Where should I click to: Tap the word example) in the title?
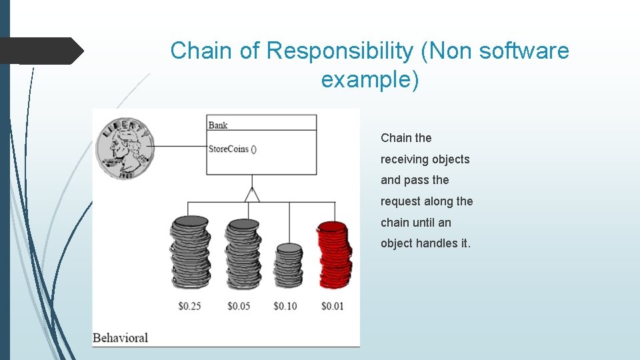(370, 79)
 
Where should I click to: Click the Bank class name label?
(218, 125)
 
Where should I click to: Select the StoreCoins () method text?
(233, 149)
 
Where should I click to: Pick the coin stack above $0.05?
(242, 253)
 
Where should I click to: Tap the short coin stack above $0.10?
(289, 265)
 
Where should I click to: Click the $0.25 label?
(190, 306)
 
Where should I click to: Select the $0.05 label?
(239, 306)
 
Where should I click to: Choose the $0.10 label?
(285, 306)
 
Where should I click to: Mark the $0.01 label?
(332, 306)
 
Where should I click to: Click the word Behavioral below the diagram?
(121, 337)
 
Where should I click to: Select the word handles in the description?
(437, 243)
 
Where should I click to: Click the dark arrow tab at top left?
(41, 51)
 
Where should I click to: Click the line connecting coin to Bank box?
(180, 146)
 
